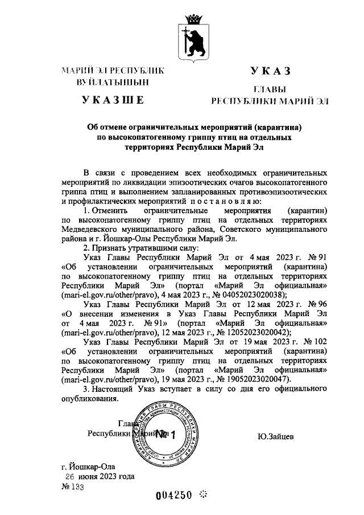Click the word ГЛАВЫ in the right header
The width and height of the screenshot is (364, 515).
click(x=270, y=89)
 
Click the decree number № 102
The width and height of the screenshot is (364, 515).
click(x=314, y=341)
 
